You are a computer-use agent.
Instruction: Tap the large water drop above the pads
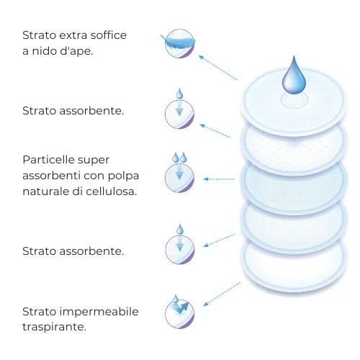tap(294, 76)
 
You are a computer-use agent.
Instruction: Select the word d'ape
tap(76, 51)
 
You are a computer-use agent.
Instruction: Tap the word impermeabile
tap(99, 312)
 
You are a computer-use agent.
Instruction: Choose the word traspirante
tap(54, 327)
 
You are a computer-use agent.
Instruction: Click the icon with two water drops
tap(179, 172)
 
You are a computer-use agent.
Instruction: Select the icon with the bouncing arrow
tap(179, 312)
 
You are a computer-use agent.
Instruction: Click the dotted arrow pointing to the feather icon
tap(217, 68)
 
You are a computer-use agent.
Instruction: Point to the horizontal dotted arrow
tap(218, 179)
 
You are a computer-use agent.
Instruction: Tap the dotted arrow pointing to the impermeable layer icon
tap(222, 294)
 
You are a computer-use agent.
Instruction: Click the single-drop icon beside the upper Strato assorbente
tap(179, 109)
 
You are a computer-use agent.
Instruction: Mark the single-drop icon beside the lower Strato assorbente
tap(180, 244)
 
